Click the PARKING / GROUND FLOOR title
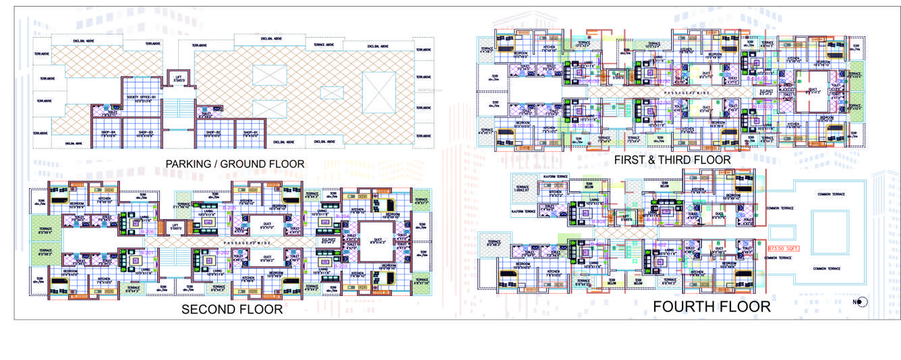pyautogui.click(x=235, y=164)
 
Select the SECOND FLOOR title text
pyautogui.click(x=232, y=310)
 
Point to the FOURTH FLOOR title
pyautogui.click(x=711, y=307)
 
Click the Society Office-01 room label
pyautogui.click(x=142, y=98)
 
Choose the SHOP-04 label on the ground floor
pyautogui.click(x=109, y=133)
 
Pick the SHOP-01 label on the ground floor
pyautogui.click(x=250, y=133)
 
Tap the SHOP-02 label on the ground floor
pyautogui.click(x=214, y=133)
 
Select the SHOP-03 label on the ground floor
pyautogui.click(x=146, y=133)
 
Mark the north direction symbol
pyautogui.click(x=862, y=302)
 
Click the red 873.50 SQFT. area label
pyautogui.click(x=784, y=249)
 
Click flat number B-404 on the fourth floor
pyautogui.click(x=598, y=221)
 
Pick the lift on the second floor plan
pyautogui.click(x=176, y=227)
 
